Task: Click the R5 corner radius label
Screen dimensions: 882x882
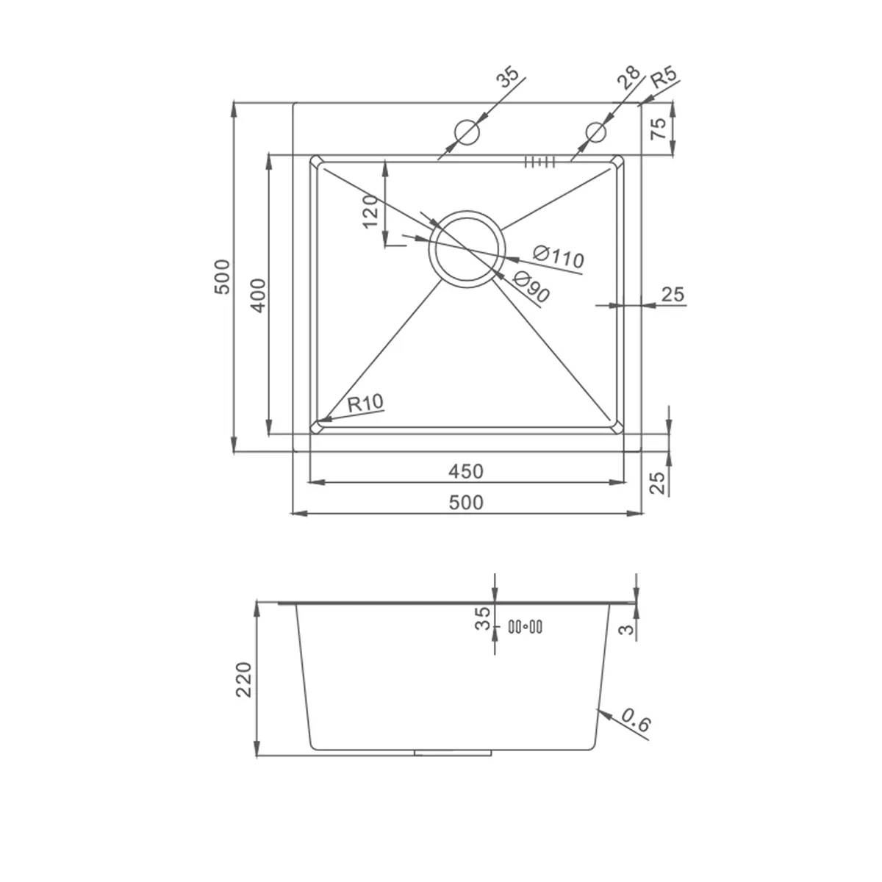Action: pos(664,78)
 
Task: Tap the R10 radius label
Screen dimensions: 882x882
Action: pos(365,403)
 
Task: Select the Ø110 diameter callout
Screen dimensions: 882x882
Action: pos(559,257)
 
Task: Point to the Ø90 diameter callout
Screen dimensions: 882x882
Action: pos(531,287)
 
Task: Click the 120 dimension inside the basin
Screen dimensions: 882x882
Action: pos(370,211)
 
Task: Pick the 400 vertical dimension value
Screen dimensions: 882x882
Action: pos(259,295)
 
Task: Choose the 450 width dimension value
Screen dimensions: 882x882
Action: pos(465,471)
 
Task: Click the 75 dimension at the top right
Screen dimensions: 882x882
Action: pos(658,129)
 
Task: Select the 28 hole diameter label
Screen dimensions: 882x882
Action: pos(628,77)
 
